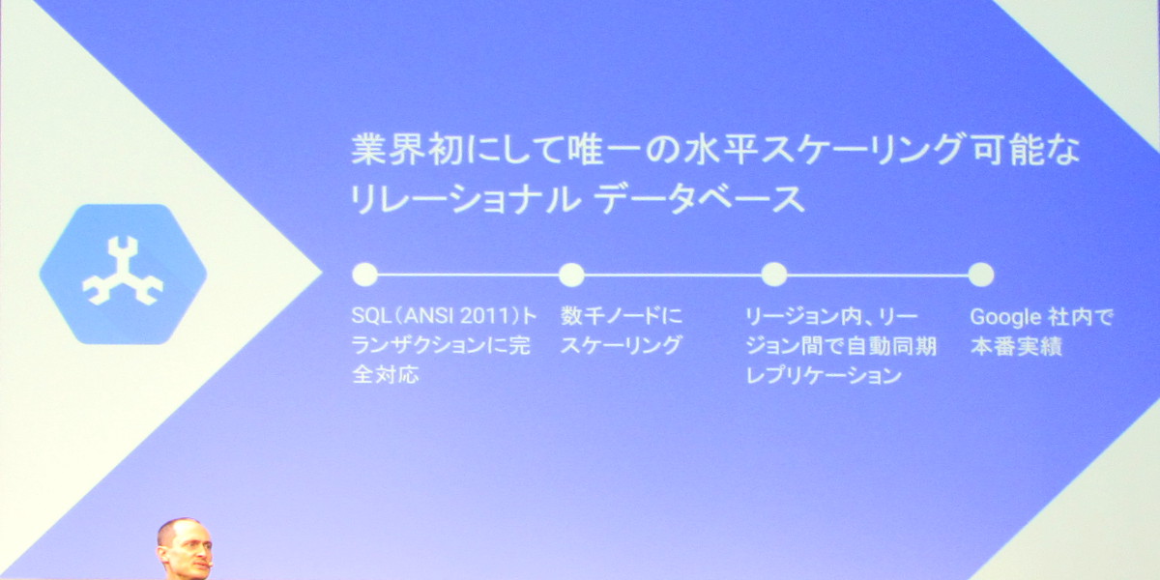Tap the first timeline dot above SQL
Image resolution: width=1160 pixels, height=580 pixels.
(x=364, y=275)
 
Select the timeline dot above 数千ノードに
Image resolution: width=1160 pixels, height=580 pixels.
(x=571, y=275)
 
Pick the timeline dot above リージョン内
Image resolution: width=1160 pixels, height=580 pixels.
(x=773, y=275)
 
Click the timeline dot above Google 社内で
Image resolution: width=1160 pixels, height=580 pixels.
(x=980, y=275)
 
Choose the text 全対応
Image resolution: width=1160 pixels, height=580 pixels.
(x=387, y=376)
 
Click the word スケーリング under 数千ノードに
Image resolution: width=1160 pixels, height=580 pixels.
(x=622, y=346)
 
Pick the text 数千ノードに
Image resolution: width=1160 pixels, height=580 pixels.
(x=622, y=316)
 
